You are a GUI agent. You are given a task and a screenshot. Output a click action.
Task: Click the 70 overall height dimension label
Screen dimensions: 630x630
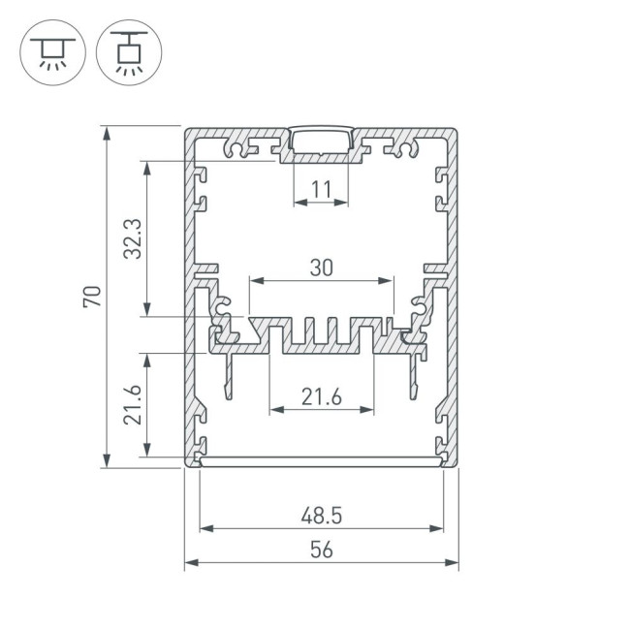coord(92,297)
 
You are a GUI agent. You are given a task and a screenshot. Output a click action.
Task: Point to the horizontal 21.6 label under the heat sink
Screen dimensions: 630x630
coord(321,395)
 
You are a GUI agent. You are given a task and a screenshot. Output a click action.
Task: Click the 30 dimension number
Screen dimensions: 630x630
coord(321,267)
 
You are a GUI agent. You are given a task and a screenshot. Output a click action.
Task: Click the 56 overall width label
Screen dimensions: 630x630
coord(321,550)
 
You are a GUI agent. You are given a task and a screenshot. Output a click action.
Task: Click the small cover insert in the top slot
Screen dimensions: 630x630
coord(321,137)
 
